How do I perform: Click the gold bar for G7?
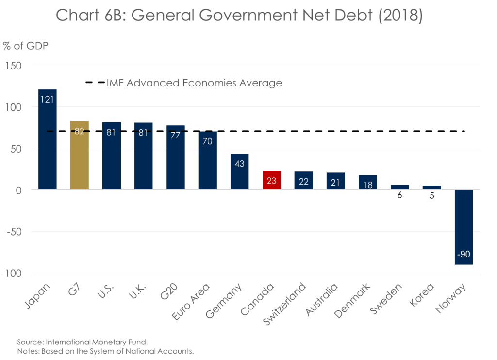click(79, 155)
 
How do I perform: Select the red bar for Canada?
click(271, 180)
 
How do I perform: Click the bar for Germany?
click(239, 172)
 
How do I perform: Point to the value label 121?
click(48, 101)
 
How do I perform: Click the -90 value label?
click(464, 254)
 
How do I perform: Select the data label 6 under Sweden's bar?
click(400, 195)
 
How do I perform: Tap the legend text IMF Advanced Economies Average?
click(194, 83)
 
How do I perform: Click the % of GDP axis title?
click(25, 46)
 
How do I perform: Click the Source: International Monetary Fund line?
click(75, 342)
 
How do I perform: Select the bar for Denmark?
click(367, 182)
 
